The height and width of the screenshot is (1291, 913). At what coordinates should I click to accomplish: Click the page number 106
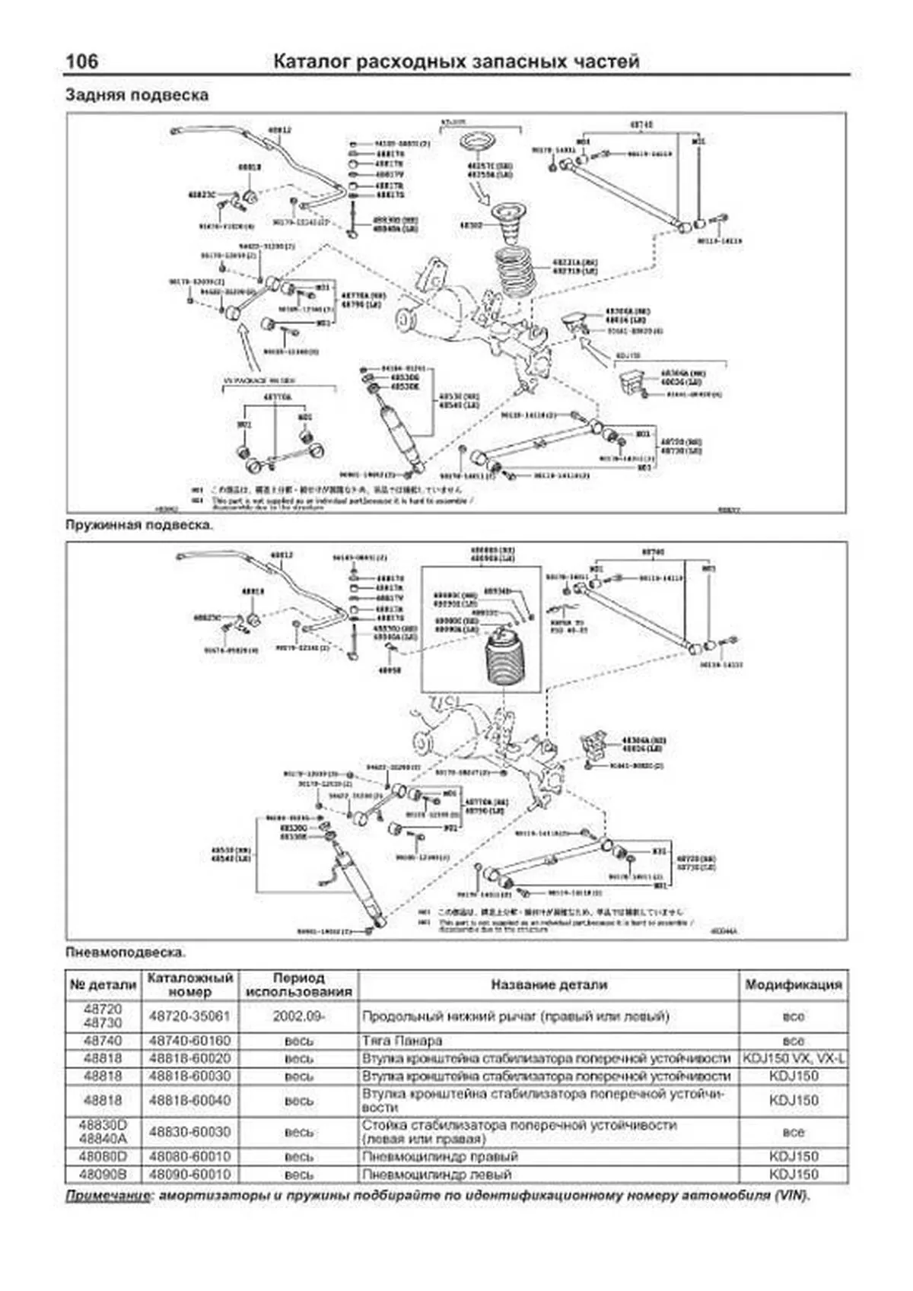coord(82,62)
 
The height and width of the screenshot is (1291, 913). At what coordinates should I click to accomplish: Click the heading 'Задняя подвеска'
coord(137,96)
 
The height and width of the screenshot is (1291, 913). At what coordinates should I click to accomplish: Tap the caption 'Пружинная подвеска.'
coord(139,525)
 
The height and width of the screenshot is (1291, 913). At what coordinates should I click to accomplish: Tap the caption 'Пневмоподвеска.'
coord(126,952)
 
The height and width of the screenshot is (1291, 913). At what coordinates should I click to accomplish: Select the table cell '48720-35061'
coord(189,1016)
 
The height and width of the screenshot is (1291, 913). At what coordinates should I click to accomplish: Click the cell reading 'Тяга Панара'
coord(402,1041)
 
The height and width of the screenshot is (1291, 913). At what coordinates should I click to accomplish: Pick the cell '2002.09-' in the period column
coord(299,1016)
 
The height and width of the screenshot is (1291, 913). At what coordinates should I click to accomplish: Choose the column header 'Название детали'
coord(549,984)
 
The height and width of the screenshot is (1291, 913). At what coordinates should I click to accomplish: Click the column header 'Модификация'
coord(793,984)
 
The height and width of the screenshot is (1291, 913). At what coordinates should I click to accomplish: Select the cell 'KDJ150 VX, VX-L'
coord(793,1058)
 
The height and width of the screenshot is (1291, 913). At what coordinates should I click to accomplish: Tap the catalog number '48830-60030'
coord(189,1132)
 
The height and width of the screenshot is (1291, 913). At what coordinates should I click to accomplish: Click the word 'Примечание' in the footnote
coord(107,1195)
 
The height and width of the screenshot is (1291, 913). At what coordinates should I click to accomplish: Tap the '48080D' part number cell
coord(103,1156)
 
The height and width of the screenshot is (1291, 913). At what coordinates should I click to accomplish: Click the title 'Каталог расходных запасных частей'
coord(456,62)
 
